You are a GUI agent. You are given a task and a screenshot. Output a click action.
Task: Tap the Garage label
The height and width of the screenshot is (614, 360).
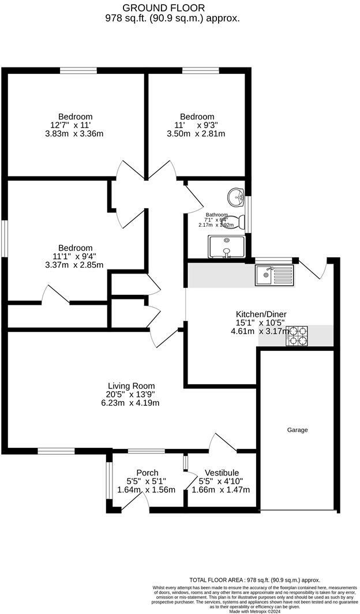click(x=298, y=430)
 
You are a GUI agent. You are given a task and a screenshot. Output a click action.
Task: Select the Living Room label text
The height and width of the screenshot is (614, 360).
click(x=132, y=386)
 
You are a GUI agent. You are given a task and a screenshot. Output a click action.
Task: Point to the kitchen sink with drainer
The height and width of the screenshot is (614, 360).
click(x=274, y=275)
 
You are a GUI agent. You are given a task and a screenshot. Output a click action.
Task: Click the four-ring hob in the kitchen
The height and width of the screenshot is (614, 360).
click(x=297, y=336)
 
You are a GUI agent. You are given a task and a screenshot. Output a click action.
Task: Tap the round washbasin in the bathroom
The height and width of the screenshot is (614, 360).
click(x=236, y=197)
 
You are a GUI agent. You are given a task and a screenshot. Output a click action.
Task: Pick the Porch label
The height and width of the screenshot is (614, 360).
click(x=147, y=473)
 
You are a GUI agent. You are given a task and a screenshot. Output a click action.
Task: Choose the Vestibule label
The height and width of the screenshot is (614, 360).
click(x=219, y=473)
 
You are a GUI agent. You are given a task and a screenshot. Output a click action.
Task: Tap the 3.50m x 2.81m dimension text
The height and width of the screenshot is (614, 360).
click(x=196, y=133)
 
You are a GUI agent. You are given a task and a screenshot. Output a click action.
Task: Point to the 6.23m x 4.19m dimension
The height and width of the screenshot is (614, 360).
click(x=132, y=403)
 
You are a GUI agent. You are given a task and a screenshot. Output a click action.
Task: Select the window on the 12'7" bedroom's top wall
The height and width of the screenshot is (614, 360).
click(x=78, y=71)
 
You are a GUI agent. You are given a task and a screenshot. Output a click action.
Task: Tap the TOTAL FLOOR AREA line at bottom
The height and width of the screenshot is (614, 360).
click(x=254, y=580)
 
